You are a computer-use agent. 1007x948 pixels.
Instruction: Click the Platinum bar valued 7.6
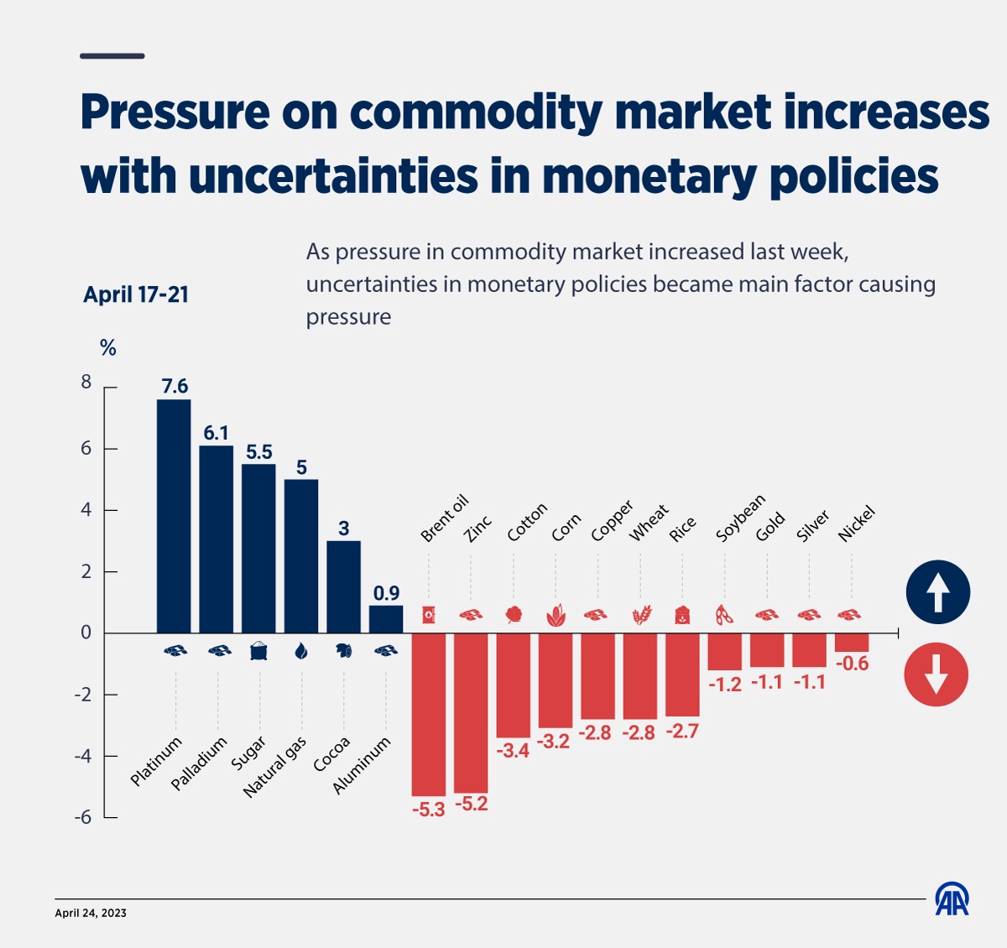(x=174, y=516)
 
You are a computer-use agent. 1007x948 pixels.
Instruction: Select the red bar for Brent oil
(x=428, y=714)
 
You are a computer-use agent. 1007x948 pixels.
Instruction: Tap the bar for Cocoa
(x=343, y=586)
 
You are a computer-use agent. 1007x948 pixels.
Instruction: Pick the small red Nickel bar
(x=852, y=643)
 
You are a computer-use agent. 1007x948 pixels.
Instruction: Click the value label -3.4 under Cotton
(x=513, y=751)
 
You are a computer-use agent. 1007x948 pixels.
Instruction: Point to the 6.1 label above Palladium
(x=216, y=433)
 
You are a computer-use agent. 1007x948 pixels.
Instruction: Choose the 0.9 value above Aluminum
(x=386, y=593)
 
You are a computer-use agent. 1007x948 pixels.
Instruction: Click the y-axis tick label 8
(x=86, y=383)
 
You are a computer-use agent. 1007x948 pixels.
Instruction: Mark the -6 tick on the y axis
(x=83, y=817)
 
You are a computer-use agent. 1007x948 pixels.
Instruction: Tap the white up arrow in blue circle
(x=937, y=592)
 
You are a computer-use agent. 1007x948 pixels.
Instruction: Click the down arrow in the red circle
(x=936, y=675)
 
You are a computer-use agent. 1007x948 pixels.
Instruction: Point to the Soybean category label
(x=740, y=518)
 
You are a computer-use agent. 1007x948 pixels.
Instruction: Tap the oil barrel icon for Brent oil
(x=428, y=615)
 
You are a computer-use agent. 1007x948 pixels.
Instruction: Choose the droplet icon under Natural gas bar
(x=301, y=651)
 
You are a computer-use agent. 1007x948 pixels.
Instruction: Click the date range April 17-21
(x=136, y=294)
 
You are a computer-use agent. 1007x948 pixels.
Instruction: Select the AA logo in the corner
(x=952, y=899)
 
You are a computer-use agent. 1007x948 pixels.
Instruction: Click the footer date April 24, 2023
(x=91, y=913)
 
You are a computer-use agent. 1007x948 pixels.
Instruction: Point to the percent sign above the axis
(x=108, y=348)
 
